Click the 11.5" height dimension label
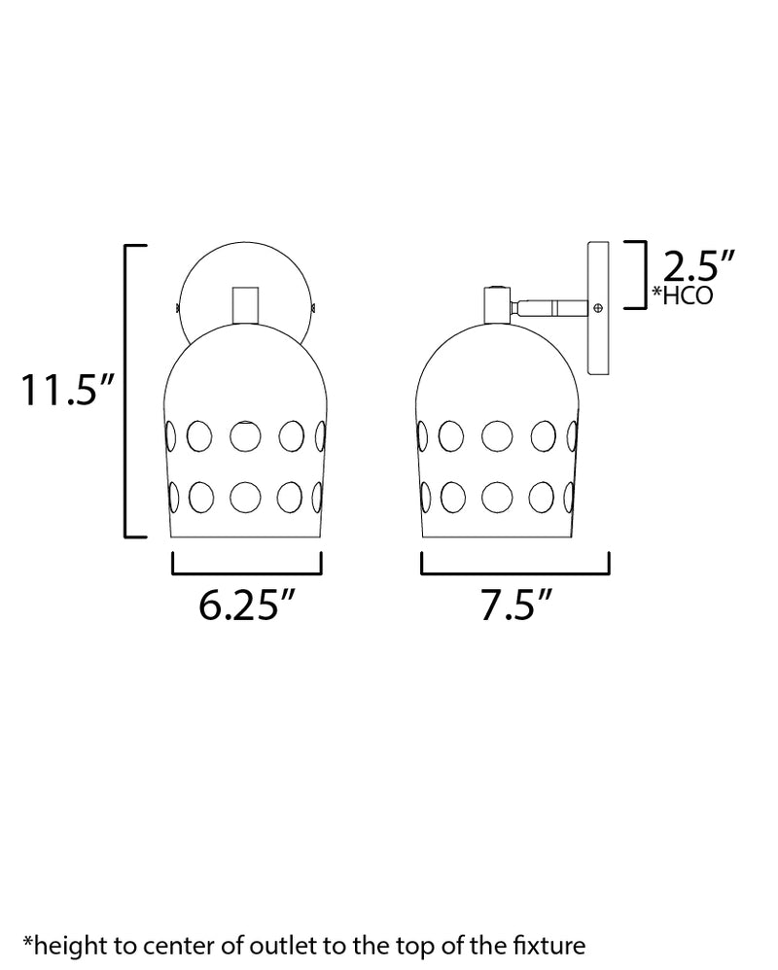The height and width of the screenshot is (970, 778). (67, 390)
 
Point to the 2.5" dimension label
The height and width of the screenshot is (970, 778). (699, 266)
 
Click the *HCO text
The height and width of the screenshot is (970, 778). (683, 295)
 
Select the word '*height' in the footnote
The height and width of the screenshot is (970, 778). (64, 947)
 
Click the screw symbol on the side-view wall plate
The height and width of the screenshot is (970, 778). (598, 307)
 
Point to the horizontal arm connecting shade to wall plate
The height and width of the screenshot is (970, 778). (549, 307)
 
